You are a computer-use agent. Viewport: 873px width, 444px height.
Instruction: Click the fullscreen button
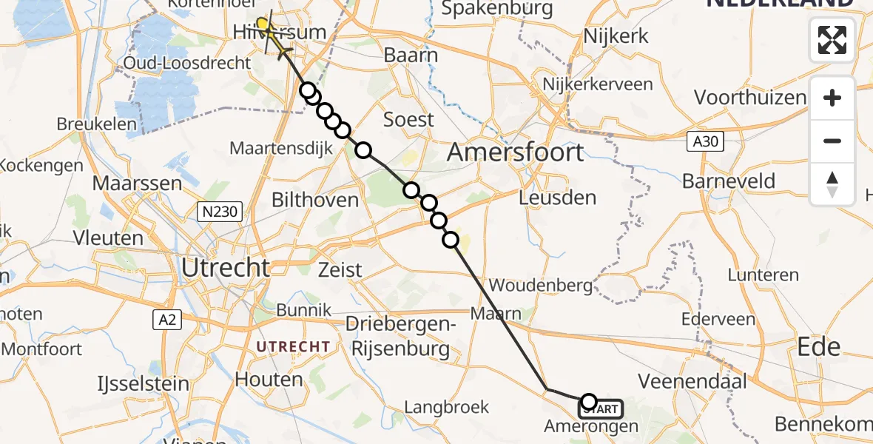tap(832, 40)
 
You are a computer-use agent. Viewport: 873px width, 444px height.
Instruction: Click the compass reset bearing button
tap(832, 184)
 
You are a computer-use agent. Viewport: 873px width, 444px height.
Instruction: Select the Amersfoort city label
tap(516, 153)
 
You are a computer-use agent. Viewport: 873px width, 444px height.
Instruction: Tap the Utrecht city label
tap(226, 267)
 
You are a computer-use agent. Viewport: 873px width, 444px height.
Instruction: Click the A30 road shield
tap(704, 141)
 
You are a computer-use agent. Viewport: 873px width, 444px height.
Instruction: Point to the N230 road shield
tap(220, 212)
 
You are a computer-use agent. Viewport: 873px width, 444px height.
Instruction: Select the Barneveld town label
tap(729, 181)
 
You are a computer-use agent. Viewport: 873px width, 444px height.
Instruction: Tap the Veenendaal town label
tap(692, 382)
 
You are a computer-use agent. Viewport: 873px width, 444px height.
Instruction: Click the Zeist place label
tap(341, 269)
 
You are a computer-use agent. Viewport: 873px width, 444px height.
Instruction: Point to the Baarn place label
tap(411, 55)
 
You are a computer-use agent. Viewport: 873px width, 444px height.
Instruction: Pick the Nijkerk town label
tap(616, 36)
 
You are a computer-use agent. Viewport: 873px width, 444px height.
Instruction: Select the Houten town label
tap(269, 380)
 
